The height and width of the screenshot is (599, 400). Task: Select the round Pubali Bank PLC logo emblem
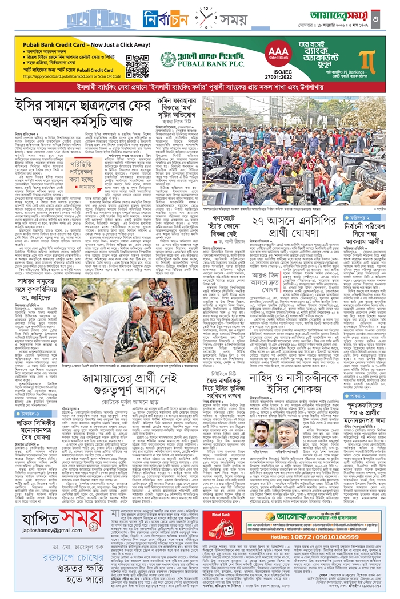[x=167, y=60]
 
